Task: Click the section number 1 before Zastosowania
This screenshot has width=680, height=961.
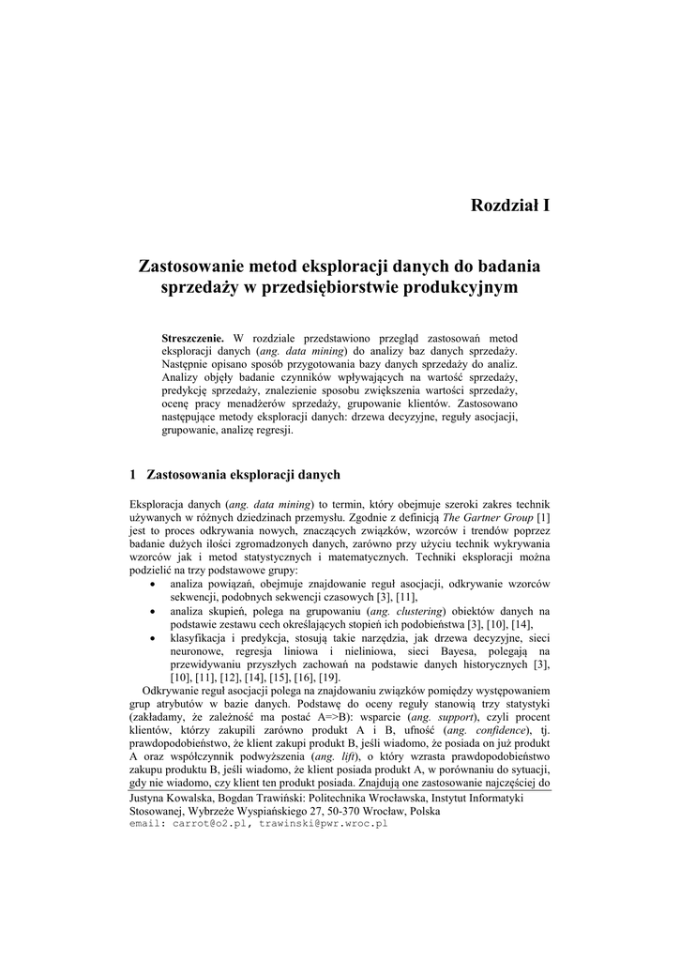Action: click(133, 474)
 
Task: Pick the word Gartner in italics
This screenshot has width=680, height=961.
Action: click(479, 517)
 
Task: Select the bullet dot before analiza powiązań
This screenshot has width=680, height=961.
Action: click(154, 584)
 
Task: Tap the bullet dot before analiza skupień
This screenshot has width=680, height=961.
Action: click(154, 610)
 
